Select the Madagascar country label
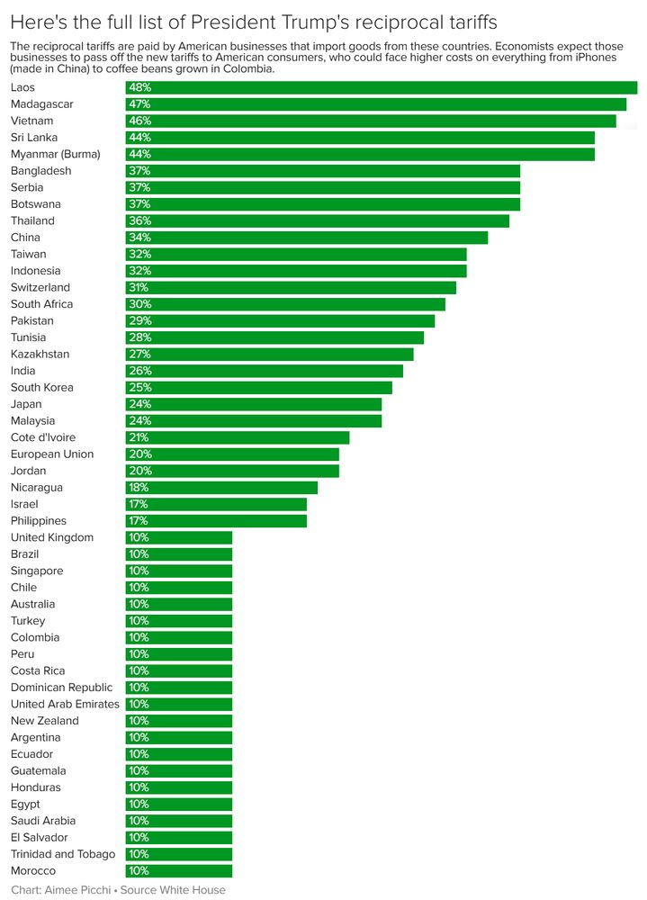pos(41,104)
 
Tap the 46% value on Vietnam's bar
pos(139,121)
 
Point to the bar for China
pos(306,238)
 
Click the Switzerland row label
pos(40,287)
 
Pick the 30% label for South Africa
pos(139,304)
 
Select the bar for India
pos(264,371)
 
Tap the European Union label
pos(52,454)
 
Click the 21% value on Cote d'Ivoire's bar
pos(139,437)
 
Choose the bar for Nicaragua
pos(221,488)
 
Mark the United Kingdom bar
pos(178,537)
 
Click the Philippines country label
pos(38,521)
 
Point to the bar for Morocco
pos(178,871)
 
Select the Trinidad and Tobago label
pos(63,854)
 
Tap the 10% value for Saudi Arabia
pos(139,821)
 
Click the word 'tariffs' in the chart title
pos(468,21)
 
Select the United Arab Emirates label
pos(65,704)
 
